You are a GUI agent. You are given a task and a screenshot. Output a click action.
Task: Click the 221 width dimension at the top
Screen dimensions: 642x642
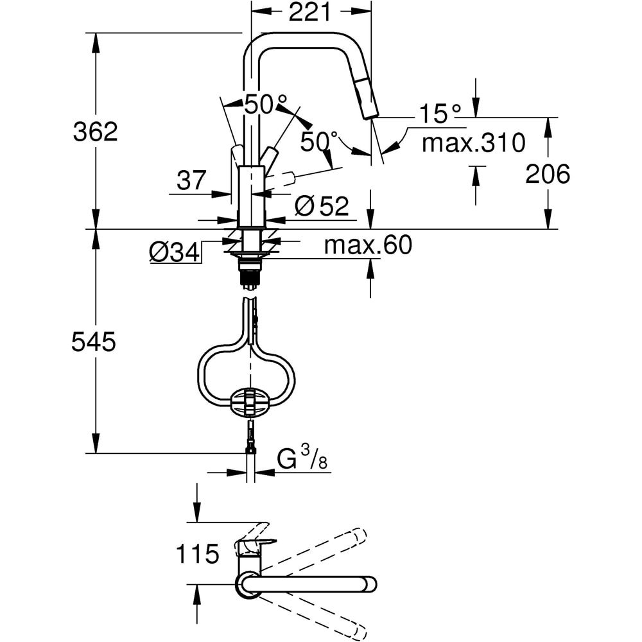point(309,12)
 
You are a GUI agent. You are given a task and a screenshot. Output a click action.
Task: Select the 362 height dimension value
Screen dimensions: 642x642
point(96,132)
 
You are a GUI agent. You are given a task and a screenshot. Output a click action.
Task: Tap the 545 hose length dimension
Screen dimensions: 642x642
point(94,342)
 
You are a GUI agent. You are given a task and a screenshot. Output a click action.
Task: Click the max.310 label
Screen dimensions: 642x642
point(473,143)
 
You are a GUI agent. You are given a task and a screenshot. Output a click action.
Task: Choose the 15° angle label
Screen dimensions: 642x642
point(440,114)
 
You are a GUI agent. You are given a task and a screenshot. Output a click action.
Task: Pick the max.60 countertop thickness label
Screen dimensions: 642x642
point(368,245)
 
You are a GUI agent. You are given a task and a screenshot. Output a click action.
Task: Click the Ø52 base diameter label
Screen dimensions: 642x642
point(322,207)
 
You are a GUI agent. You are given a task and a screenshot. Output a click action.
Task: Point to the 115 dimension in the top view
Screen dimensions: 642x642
point(197,553)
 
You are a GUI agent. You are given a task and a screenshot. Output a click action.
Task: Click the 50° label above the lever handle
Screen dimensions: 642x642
point(265,104)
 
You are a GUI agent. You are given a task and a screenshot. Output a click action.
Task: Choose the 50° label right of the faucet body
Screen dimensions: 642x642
point(319,142)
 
